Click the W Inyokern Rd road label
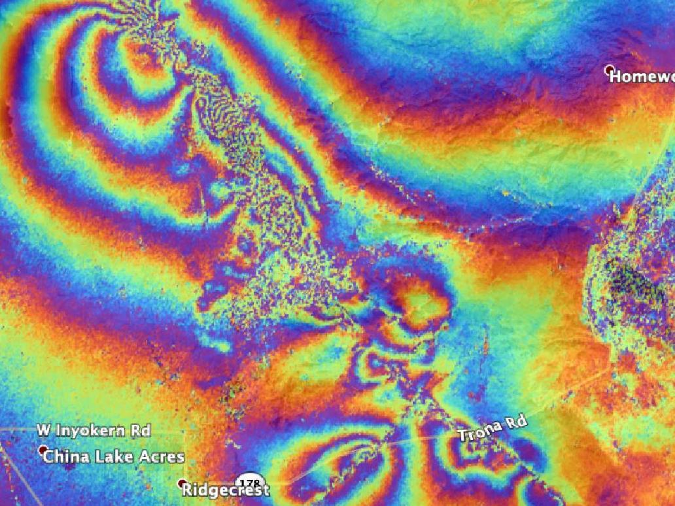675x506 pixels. tap(94, 430)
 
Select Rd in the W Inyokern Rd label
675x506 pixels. tap(142, 430)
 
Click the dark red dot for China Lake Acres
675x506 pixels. tap(43, 450)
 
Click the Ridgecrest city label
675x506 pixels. tap(225, 490)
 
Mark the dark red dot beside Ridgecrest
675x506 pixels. tap(182, 483)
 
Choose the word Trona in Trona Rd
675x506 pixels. tap(479, 431)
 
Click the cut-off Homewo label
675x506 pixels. tap(641, 76)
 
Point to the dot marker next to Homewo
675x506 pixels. tap(609, 69)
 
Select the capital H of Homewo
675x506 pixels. tap(616, 76)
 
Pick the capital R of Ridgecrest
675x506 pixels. tap(188, 490)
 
